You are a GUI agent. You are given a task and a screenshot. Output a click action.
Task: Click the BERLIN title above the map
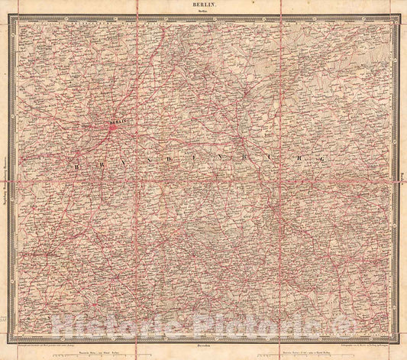point(203,5)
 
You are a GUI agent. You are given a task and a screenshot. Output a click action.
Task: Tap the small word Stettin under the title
point(203,12)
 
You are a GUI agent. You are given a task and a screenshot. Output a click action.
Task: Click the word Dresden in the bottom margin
point(203,345)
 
